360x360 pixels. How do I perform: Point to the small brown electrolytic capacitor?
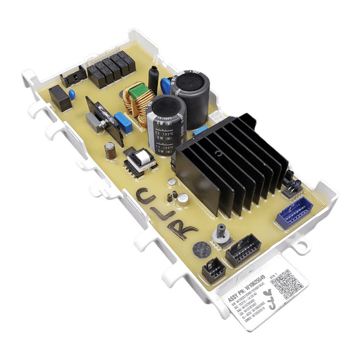point(110,150)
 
